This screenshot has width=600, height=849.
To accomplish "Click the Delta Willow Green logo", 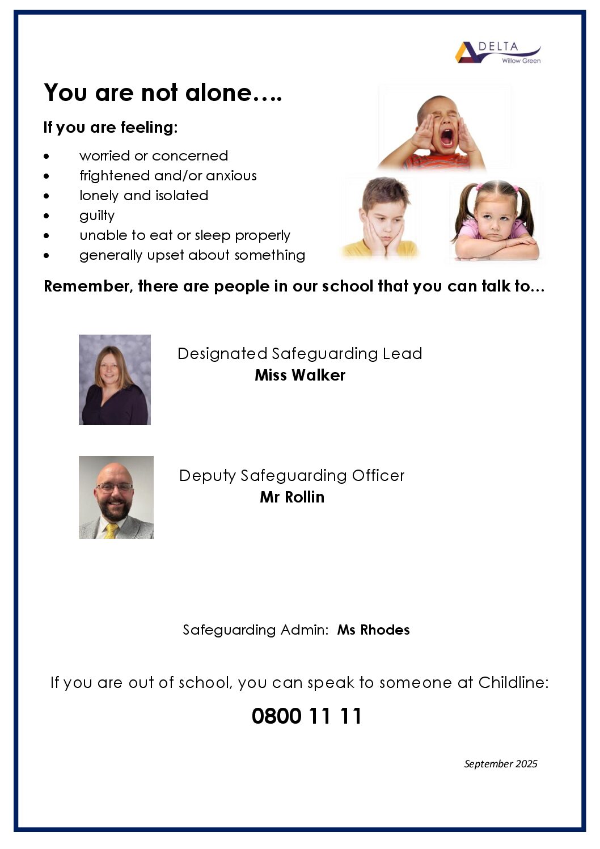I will (497, 52).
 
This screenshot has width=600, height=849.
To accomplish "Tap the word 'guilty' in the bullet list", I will (97, 216).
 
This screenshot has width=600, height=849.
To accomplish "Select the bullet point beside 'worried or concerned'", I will (47, 156).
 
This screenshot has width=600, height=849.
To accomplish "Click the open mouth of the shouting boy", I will (447, 137).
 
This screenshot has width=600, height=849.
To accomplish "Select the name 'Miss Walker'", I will (300, 375).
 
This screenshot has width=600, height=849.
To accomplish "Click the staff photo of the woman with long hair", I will (115, 379).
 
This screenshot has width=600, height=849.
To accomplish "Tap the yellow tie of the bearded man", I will (111, 531).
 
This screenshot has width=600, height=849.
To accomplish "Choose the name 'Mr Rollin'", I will (292, 497).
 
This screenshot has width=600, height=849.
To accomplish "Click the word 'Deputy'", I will (207, 475).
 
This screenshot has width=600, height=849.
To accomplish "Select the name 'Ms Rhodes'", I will (373, 630).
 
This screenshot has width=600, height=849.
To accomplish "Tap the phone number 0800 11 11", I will (306, 716).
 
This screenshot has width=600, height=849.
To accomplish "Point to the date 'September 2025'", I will (500, 764).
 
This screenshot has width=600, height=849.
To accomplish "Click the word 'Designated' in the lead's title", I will (222, 354).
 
